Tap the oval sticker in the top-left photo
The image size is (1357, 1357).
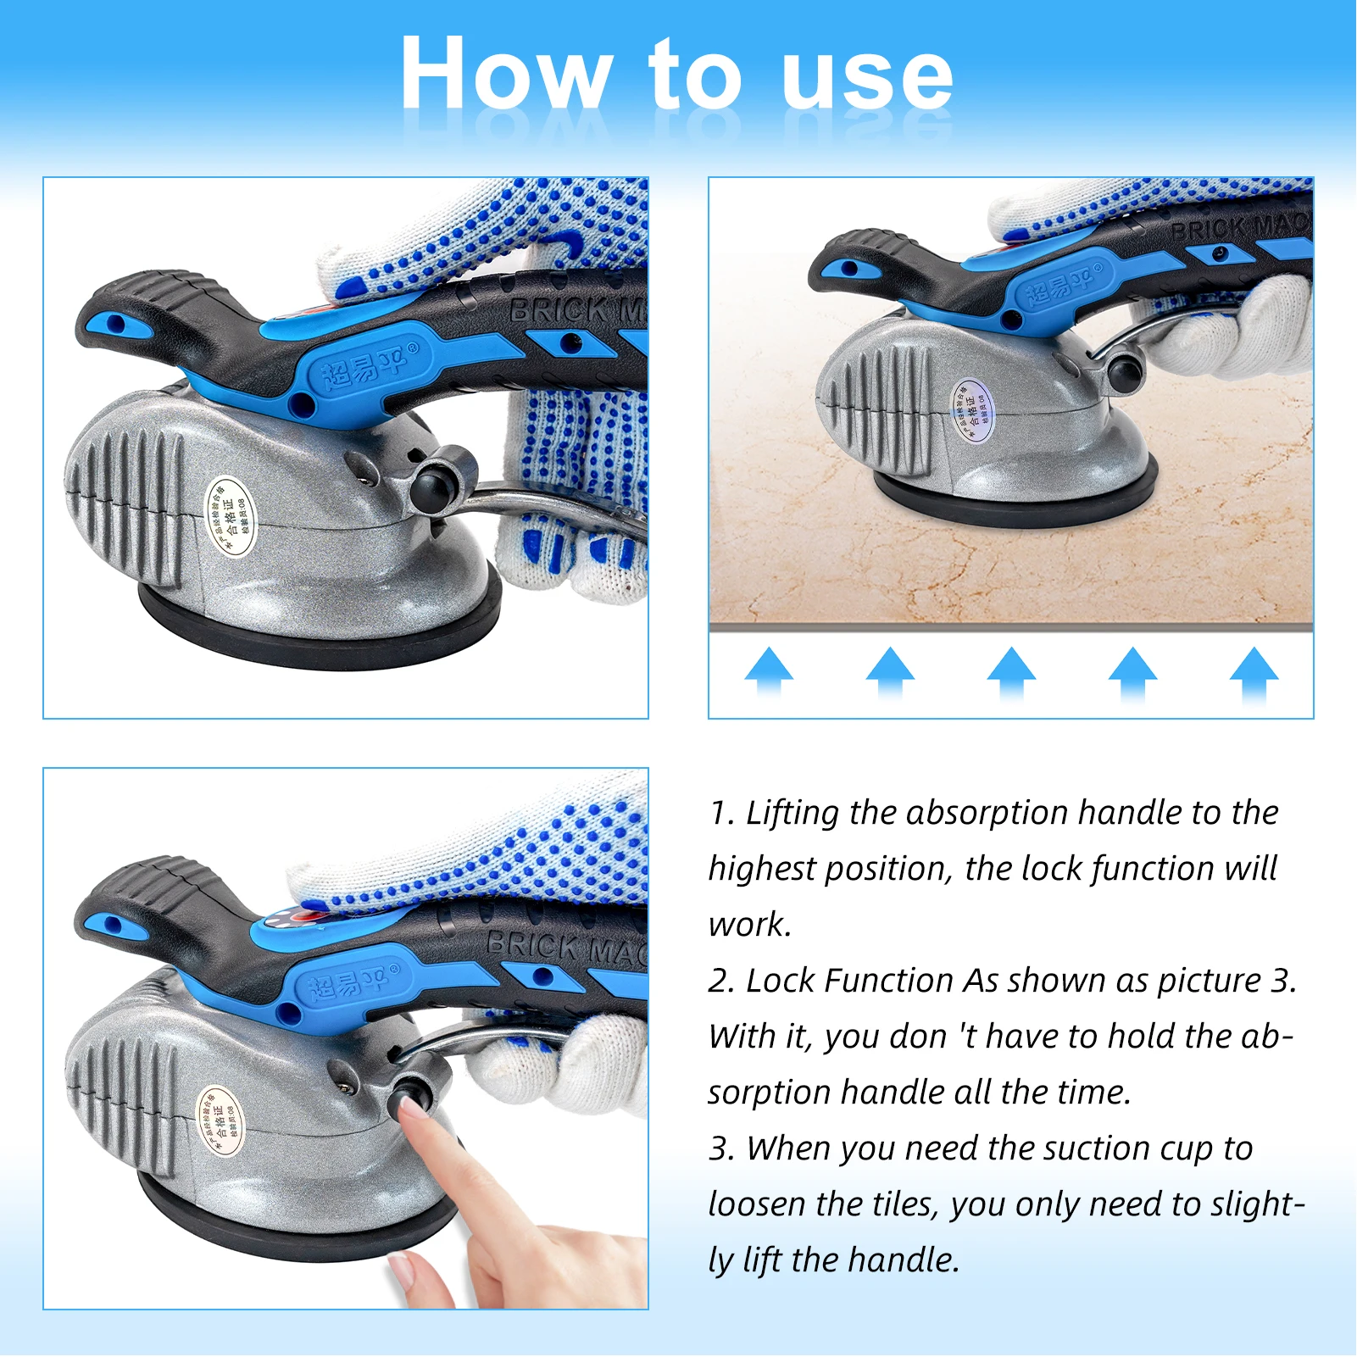coord(231,515)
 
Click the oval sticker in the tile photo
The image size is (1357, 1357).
coord(973,410)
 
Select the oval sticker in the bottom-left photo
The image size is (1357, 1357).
coord(220,1121)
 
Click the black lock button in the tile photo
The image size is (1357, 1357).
coord(1125,371)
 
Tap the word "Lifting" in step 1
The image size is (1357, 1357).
coord(793,813)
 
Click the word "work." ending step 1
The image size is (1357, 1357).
coord(749,925)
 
